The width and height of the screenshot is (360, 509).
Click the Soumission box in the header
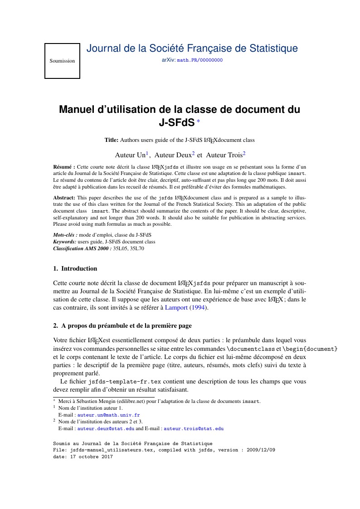point(62,61)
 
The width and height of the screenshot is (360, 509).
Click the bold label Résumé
point(64,167)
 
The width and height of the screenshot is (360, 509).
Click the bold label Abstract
point(64,198)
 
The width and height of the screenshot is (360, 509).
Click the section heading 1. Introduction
point(75,268)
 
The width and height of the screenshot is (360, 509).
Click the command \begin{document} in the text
point(310,349)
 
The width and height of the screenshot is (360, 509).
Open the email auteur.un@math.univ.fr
point(108,415)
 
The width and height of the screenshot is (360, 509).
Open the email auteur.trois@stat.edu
point(194,428)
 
